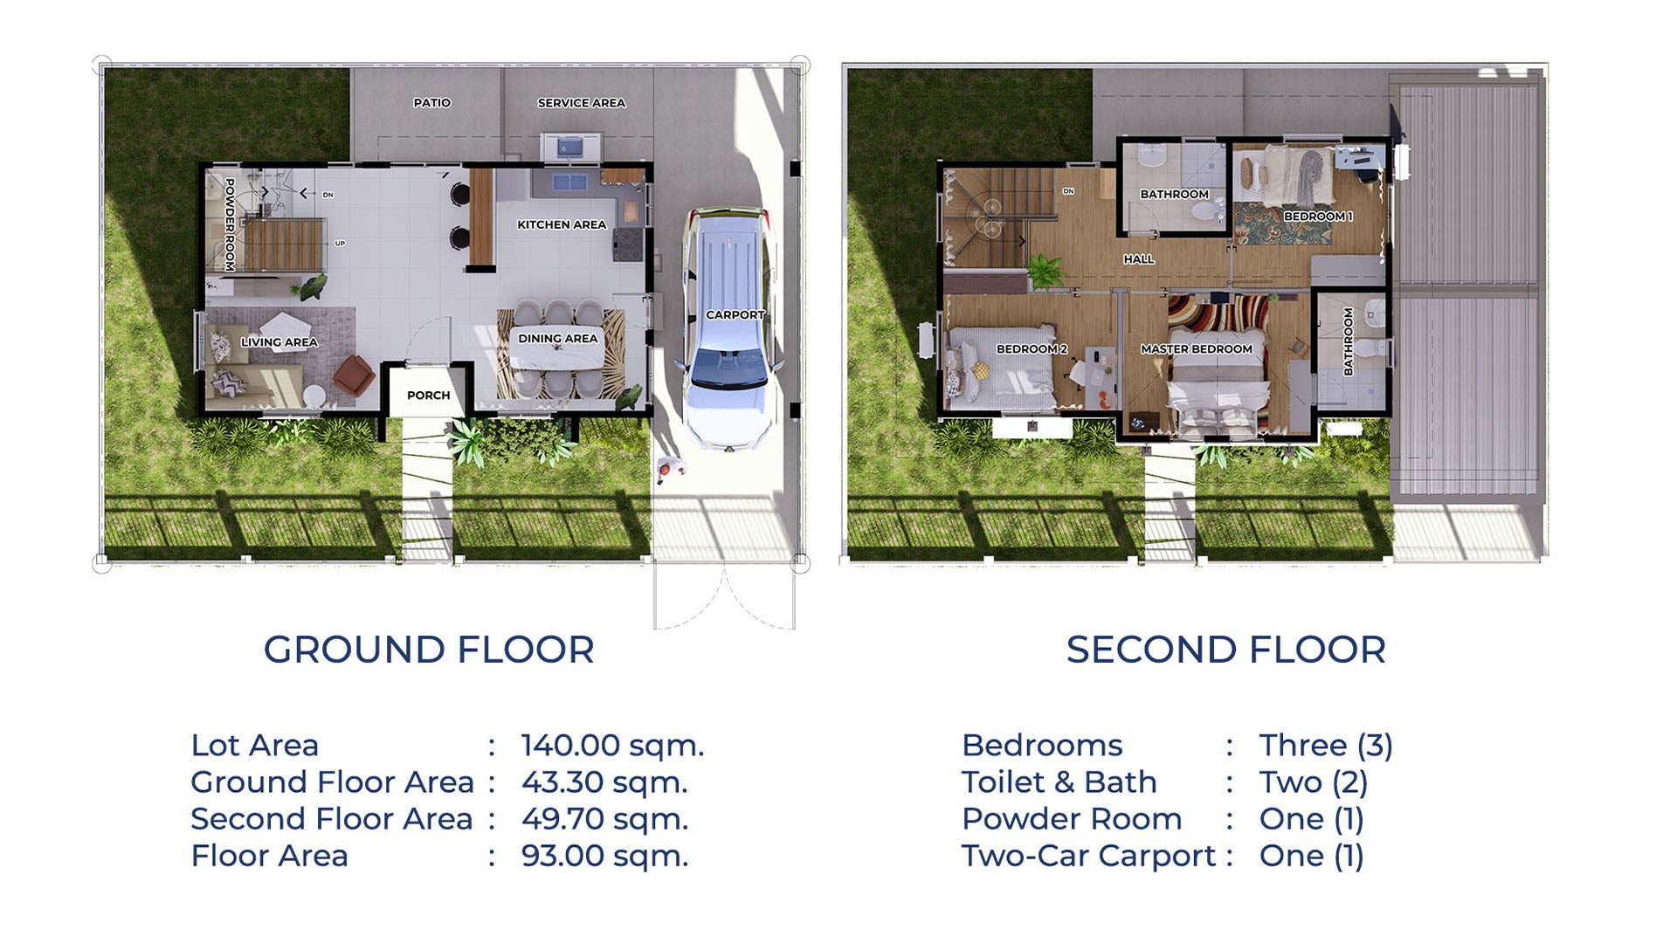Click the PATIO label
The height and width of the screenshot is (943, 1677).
click(x=431, y=103)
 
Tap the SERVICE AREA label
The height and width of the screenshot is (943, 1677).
click(x=581, y=103)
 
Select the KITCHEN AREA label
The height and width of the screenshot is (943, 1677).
click(x=561, y=224)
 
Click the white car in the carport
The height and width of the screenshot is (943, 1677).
click(x=728, y=332)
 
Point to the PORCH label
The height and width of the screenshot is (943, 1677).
click(x=428, y=396)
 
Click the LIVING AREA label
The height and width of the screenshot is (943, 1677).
click(x=279, y=342)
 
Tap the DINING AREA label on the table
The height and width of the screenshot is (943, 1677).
click(x=557, y=339)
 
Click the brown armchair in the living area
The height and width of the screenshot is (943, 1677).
click(x=354, y=374)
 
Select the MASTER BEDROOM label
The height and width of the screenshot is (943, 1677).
click(x=1196, y=349)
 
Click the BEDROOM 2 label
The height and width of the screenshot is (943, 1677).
click(x=1031, y=349)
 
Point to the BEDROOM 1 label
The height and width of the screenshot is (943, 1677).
click(x=1317, y=217)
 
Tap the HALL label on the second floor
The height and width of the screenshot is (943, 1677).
click(x=1138, y=259)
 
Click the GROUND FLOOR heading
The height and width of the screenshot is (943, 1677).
click(x=429, y=650)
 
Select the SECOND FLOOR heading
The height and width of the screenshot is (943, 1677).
click(x=1225, y=650)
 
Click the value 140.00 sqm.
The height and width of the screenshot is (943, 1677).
click(x=612, y=746)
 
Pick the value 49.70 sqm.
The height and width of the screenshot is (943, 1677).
click(x=604, y=819)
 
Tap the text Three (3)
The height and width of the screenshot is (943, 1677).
click(x=1325, y=746)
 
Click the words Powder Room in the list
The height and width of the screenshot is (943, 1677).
click(x=1071, y=819)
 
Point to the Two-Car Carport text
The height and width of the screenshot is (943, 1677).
click(x=1088, y=856)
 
